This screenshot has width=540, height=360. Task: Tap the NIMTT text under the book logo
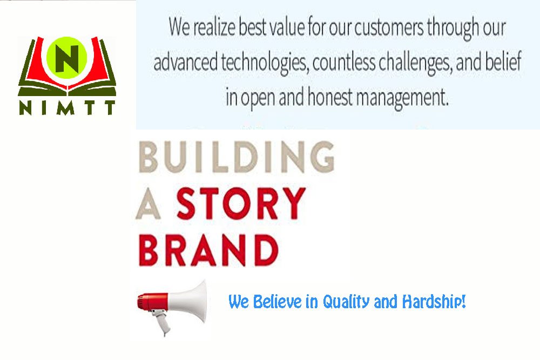coord(67,108)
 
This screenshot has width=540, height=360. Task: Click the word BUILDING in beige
coord(237,157)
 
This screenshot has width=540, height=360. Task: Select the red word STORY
coord(241,203)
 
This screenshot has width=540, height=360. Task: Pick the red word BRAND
coord(208,250)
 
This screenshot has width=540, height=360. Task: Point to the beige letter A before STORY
coord(148,203)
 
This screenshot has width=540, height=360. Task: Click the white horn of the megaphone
coord(188,301)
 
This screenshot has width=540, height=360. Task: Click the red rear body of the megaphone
coord(152,302)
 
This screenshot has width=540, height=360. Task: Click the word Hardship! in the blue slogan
coord(434,302)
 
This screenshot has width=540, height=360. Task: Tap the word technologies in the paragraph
coord(264,63)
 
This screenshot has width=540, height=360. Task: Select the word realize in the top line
coord(214,27)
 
